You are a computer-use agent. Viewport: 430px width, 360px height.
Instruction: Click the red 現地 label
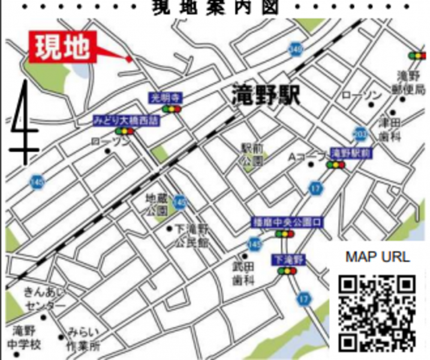pyautogui.click(x=62, y=46)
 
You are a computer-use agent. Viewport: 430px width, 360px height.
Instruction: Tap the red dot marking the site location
pyautogui.click(x=128, y=58)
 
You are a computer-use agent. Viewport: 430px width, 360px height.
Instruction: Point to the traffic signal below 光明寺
pyautogui.click(x=173, y=109)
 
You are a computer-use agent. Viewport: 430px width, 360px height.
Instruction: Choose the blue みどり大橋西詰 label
pyautogui.click(x=126, y=121)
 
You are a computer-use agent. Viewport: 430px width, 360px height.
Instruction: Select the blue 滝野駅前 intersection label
pyautogui.click(x=351, y=153)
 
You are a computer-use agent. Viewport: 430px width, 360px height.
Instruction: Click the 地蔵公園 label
pyautogui.click(x=157, y=203)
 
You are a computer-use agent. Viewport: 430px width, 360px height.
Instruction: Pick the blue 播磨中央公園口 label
pyautogui.click(x=287, y=223)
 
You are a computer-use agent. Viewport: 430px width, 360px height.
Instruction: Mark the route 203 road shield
pyautogui.click(x=360, y=133)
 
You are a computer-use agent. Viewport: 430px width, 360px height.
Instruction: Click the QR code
pyautogui.click(x=377, y=313)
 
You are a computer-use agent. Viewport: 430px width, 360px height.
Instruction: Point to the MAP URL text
pyautogui.click(x=377, y=257)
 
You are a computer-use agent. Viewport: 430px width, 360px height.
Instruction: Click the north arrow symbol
pyautogui.click(x=24, y=123)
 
